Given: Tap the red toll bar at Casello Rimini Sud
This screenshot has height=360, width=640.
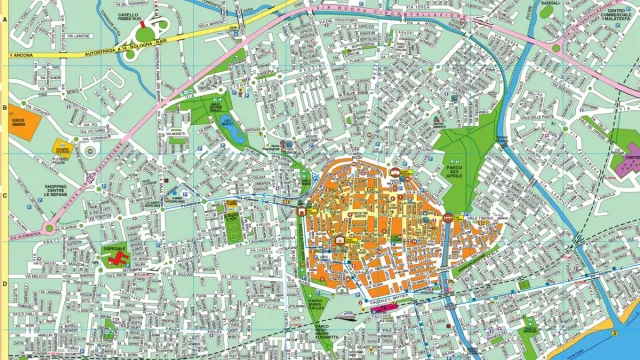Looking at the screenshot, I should pyautogui.click(x=142, y=22).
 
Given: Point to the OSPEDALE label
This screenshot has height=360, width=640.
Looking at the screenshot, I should pyautogui.click(x=114, y=247).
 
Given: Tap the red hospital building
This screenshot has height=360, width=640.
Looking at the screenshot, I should pyautogui.click(x=117, y=259).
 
